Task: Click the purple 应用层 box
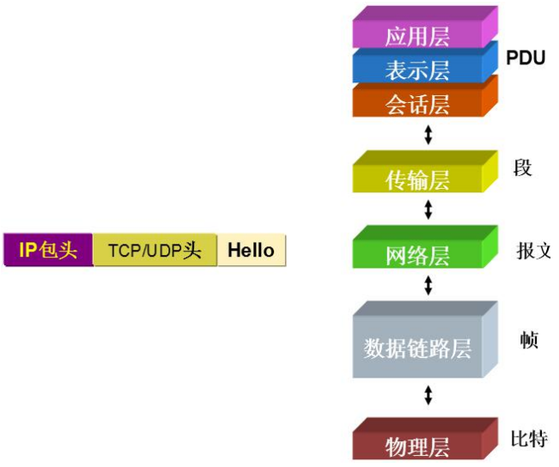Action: [417, 36]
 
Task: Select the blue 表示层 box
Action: [417, 69]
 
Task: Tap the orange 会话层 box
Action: [417, 104]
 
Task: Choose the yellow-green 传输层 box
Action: [417, 179]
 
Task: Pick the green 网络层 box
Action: [417, 255]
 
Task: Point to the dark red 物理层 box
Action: [417, 446]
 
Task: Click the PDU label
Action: [526, 58]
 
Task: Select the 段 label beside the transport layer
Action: [522, 167]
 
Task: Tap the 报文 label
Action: [533, 251]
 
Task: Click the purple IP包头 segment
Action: [48, 250]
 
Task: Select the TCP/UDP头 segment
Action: [155, 250]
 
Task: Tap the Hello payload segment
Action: [251, 250]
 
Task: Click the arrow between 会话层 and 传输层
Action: [428, 135]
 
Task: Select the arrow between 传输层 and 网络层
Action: [428, 209]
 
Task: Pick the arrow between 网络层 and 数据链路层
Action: [428, 286]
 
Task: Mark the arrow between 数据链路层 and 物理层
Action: [428, 396]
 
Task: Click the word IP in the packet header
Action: [27, 250]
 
